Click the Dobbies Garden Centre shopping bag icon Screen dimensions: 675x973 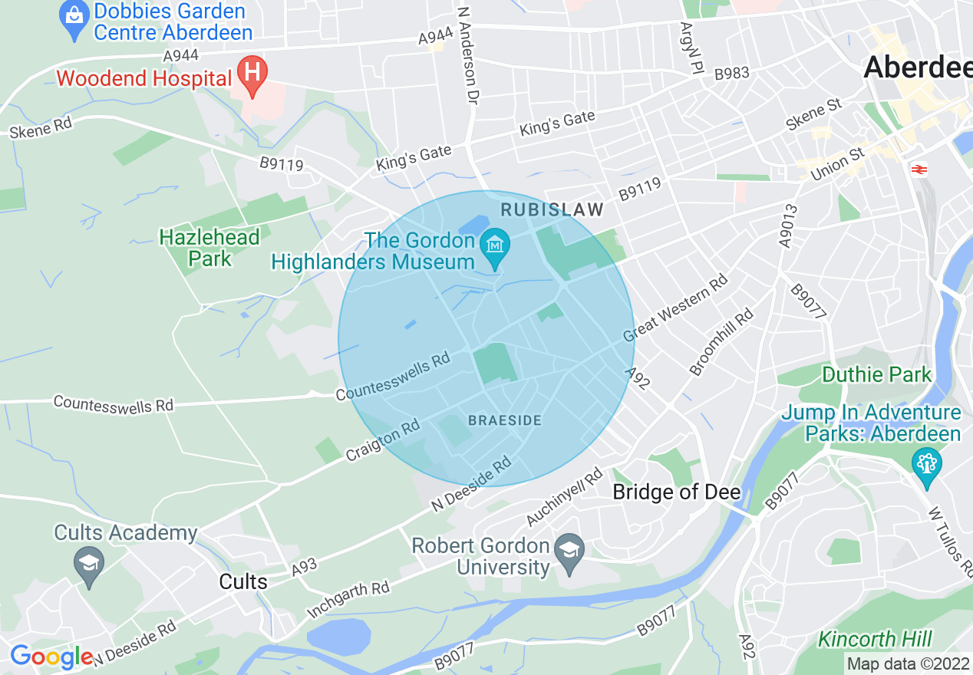tap(74, 21)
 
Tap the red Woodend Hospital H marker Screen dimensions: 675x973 tap(252, 74)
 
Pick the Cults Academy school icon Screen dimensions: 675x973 tap(90, 567)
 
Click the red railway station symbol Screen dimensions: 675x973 tap(917, 169)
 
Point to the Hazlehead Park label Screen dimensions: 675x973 tap(209, 248)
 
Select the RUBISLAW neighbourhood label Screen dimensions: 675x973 tap(552, 209)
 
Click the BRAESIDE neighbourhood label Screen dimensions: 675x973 tap(505, 420)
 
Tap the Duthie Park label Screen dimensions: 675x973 tap(876, 375)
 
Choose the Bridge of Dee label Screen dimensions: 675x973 tap(676, 492)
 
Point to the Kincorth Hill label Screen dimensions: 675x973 tap(875, 639)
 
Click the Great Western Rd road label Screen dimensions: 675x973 tap(675, 308)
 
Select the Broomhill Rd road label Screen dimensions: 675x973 tap(721, 342)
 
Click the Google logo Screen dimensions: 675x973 tap(51, 657)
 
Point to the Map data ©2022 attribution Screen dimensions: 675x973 tap(908, 663)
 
